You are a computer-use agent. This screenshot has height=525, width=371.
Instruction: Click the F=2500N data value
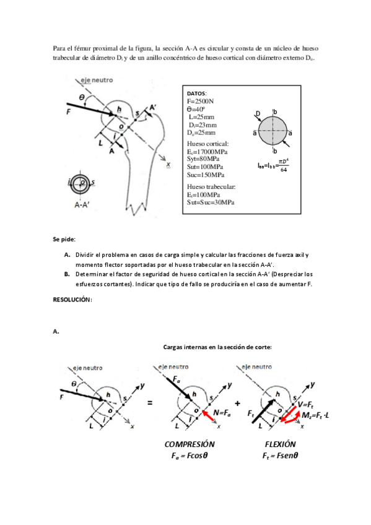click(x=200, y=101)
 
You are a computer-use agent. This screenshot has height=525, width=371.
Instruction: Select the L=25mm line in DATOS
click(x=201, y=117)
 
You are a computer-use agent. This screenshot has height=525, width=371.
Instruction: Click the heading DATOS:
click(x=196, y=93)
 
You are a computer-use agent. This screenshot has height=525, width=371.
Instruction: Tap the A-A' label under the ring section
click(x=82, y=204)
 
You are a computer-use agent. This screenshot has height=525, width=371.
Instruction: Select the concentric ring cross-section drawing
click(x=81, y=183)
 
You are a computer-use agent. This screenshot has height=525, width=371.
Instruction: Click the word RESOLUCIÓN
click(x=72, y=300)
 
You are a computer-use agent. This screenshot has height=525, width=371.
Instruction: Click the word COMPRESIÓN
click(x=190, y=445)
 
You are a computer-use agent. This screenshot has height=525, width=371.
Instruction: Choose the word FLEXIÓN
click(x=280, y=445)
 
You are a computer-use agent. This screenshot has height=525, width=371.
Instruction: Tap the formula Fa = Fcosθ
click(x=190, y=456)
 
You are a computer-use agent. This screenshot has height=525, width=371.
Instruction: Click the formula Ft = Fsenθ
click(x=280, y=456)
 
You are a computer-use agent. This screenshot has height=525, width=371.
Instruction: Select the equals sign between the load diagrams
click(x=150, y=403)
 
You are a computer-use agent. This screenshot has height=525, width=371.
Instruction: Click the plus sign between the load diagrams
click(x=237, y=403)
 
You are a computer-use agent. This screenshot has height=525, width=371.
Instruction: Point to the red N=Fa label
click(x=222, y=414)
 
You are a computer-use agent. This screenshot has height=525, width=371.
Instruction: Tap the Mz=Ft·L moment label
click(x=315, y=415)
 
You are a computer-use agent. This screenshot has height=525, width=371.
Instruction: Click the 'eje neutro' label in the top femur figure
click(x=97, y=80)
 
